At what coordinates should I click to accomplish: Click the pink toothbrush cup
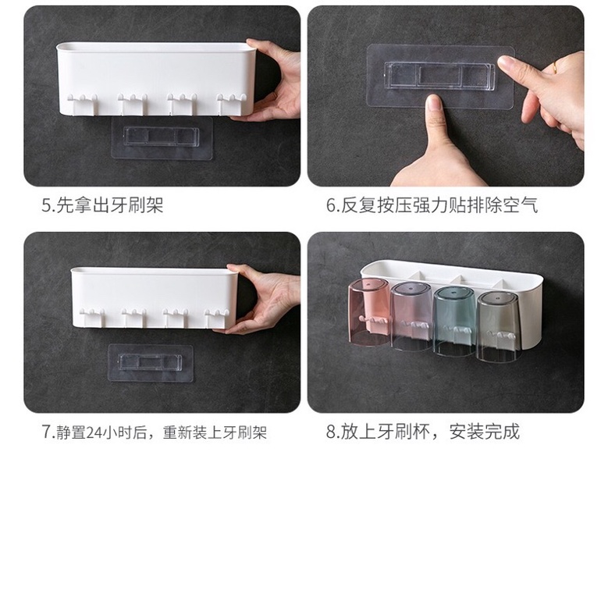pos(368,311)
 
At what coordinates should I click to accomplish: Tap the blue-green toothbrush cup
pos(454,321)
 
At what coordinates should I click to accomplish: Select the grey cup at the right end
pos(497,327)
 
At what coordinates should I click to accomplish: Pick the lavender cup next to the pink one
pos(411,316)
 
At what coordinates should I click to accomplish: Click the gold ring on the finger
pos(555,67)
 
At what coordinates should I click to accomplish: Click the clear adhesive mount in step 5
pos(162,138)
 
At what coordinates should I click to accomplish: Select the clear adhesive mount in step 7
pos(151,363)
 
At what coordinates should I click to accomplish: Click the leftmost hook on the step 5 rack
pos(83,103)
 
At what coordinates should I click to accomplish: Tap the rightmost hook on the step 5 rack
pos(231,104)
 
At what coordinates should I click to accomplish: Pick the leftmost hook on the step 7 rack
pos(92,316)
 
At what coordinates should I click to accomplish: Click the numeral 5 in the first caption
pos(47,205)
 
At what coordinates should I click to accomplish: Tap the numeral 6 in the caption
pos(331,205)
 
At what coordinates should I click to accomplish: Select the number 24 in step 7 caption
pos(94,432)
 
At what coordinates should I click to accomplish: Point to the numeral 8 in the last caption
pos(331,432)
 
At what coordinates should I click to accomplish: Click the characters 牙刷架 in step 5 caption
pos(137,205)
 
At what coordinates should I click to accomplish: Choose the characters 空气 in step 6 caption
pos(521,205)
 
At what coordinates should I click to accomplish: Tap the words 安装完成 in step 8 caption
pos(485,432)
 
